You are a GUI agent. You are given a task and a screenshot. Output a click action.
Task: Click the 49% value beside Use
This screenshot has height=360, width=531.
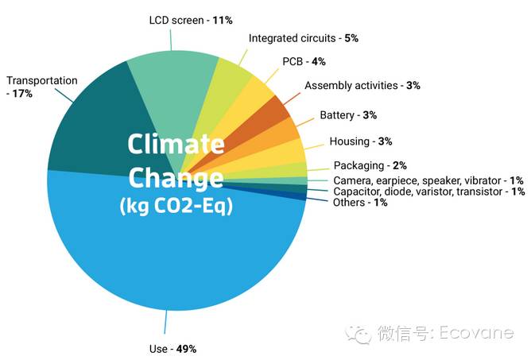click(x=186, y=349)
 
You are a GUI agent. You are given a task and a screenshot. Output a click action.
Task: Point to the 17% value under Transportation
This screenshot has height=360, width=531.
click(x=22, y=94)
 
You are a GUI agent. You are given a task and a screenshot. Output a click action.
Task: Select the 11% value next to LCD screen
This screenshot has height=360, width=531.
click(x=223, y=21)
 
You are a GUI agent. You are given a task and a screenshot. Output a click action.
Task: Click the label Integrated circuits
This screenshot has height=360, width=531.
click(x=292, y=38)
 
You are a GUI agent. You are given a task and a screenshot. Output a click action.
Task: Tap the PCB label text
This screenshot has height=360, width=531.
click(x=293, y=62)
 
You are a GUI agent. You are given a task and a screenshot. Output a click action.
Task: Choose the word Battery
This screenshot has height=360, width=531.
click(x=337, y=115)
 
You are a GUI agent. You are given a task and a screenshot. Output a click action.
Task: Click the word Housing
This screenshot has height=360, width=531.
click(x=350, y=141)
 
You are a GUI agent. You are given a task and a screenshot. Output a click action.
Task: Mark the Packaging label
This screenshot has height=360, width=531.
click(x=359, y=165)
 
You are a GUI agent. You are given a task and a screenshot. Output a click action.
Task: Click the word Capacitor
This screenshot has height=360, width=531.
click(x=358, y=192)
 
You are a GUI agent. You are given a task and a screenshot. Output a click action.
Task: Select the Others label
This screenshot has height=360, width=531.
click(x=349, y=203)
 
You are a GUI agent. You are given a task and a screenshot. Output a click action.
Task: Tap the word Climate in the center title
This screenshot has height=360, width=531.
click(x=176, y=144)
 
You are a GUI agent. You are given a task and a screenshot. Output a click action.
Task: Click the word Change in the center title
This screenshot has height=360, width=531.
click(x=176, y=178)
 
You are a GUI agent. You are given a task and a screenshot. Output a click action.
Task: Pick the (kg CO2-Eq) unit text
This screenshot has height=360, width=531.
click(x=176, y=206)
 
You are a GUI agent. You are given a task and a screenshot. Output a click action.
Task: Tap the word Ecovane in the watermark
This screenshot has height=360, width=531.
click(x=476, y=332)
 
